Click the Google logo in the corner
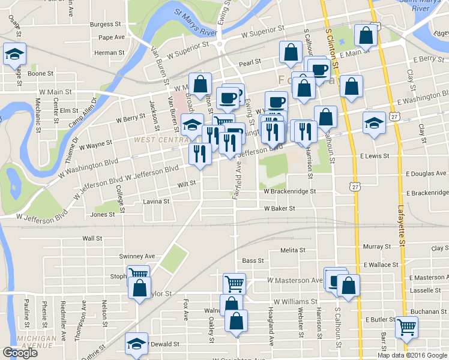(20, 353)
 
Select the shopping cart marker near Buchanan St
(407, 328)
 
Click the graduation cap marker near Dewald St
(136, 343)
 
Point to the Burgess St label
(105, 25)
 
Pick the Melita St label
(294, 250)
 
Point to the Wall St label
(92, 238)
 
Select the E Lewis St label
(375, 156)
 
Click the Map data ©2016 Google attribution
(412, 355)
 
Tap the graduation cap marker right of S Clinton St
(374, 124)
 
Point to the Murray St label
(377, 247)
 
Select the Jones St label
(103, 214)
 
